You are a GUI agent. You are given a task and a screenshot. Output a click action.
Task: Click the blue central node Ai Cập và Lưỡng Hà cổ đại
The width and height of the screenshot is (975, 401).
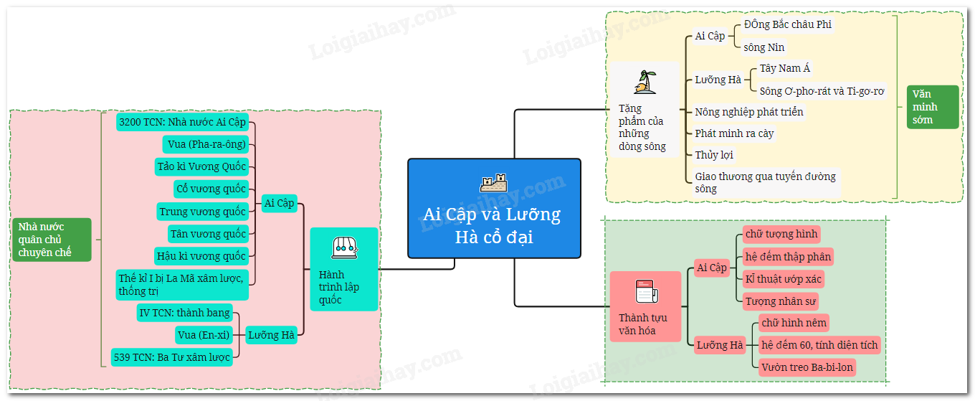coord(494,208)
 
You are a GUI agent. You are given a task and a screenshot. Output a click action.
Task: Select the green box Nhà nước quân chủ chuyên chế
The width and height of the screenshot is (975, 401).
coord(52,240)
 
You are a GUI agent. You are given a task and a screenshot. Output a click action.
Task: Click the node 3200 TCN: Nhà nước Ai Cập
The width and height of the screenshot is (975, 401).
coord(184,122)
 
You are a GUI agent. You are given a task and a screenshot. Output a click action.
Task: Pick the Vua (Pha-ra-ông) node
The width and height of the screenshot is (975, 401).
coord(206,144)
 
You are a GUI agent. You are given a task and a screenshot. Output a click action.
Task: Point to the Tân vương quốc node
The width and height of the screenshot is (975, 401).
coord(208,234)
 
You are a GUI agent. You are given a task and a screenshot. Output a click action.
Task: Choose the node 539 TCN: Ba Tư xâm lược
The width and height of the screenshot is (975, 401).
coord(172,357)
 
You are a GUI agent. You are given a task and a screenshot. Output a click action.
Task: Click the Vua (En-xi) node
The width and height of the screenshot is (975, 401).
coord(204,334)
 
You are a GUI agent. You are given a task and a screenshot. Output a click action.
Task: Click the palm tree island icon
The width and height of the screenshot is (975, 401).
coord(644,82)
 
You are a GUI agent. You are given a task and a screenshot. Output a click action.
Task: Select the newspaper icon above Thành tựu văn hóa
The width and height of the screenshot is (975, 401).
coord(646,292)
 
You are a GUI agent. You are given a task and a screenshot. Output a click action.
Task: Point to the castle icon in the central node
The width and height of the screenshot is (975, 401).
coord(493,183)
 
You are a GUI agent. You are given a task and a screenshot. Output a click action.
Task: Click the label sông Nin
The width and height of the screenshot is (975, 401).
coord(764,47)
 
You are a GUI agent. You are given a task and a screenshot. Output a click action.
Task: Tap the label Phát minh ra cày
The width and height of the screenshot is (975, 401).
coord(734,133)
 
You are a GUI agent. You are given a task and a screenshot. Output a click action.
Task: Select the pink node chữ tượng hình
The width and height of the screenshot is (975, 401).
coord(781,234)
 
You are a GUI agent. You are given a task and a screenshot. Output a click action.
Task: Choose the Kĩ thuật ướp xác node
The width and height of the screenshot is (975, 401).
coord(784,279)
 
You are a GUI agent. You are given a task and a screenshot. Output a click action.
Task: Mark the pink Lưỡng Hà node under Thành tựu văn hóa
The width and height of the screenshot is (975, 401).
coord(720,345)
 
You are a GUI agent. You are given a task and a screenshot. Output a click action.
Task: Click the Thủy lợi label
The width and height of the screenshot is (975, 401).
coord(714,155)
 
